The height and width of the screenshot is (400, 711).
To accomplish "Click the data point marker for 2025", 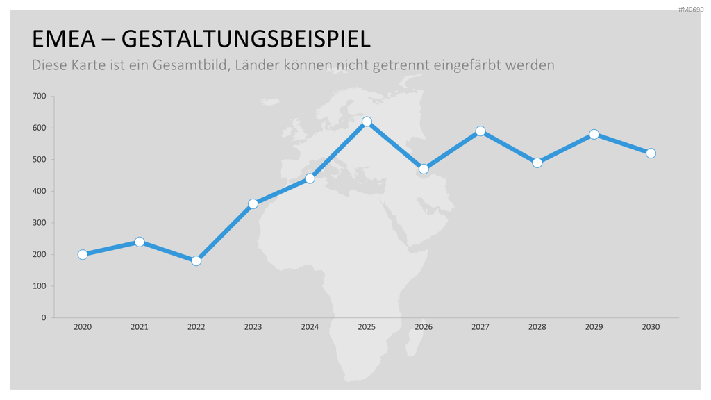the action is click(x=367, y=122).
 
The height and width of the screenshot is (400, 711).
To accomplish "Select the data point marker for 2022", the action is click(x=196, y=261).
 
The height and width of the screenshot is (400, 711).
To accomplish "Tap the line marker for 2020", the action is click(x=83, y=254).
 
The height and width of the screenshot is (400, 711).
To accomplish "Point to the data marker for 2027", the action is click(x=480, y=131).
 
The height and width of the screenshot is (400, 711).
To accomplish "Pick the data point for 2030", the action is click(x=651, y=153).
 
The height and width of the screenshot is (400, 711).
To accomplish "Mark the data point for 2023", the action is click(x=253, y=203).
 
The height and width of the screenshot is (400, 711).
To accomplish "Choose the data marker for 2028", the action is click(x=537, y=162).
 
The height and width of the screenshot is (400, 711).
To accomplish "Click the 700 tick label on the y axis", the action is click(x=40, y=96).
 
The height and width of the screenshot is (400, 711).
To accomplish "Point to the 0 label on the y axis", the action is click(x=44, y=317).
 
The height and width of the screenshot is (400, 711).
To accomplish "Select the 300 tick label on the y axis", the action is click(x=40, y=223).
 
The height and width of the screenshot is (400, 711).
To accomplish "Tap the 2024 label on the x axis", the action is click(x=310, y=327).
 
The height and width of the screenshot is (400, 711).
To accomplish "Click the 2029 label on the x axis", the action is click(x=594, y=327).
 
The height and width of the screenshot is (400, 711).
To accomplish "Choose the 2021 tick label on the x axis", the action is click(x=139, y=327).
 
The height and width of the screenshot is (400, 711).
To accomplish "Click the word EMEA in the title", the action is click(x=64, y=39).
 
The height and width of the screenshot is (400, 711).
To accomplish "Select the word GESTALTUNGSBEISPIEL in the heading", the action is click(x=246, y=39).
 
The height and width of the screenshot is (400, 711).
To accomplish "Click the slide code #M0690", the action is click(x=691, y=10).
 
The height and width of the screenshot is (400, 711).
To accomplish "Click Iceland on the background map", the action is click(x=271, y=101).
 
